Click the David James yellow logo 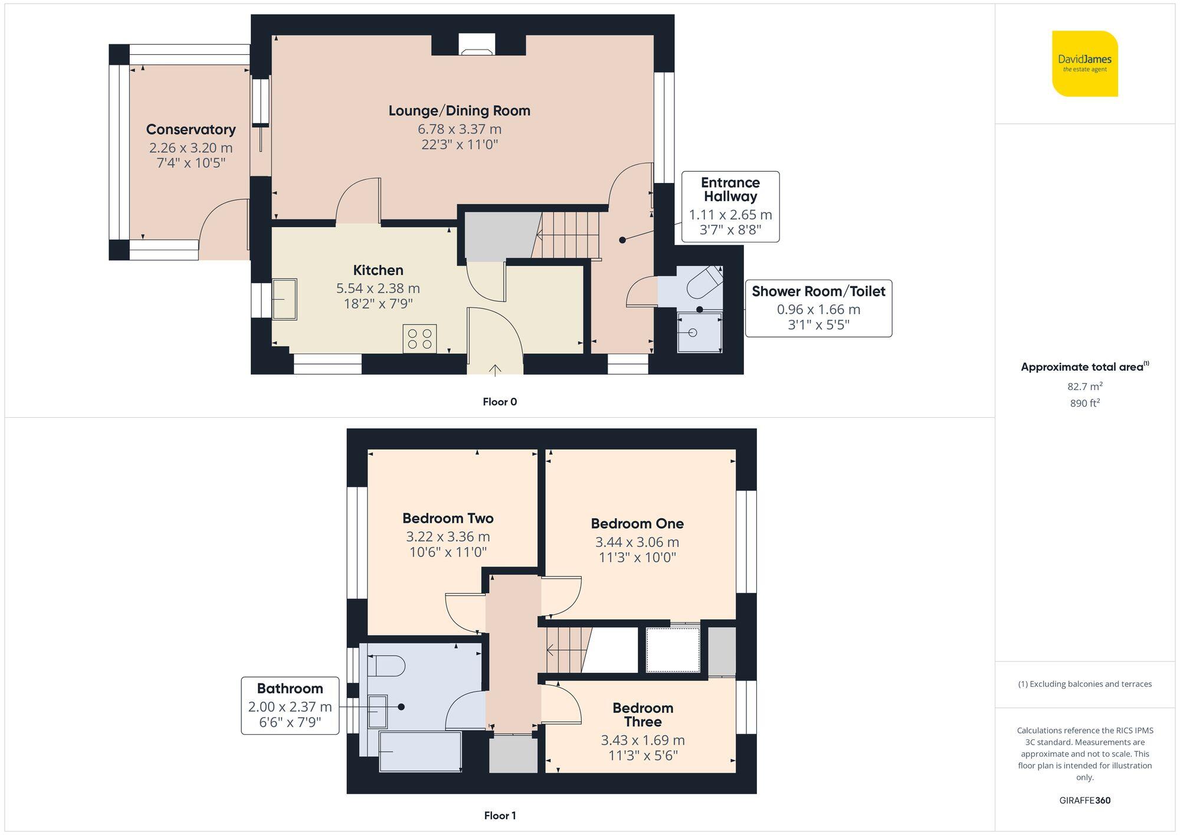1084,64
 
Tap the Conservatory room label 191,129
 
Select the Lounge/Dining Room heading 459,111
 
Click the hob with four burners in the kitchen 419,339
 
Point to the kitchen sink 284,299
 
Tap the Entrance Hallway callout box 730,207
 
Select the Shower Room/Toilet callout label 818,292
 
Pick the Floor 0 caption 499,402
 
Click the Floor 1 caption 499,816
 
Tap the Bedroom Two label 448,519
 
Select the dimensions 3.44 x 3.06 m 637,542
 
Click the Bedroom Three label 643,715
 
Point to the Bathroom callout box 290,705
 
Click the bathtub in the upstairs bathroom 420,752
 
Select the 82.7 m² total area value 1084,387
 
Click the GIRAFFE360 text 1084,801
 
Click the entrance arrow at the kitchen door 495,369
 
